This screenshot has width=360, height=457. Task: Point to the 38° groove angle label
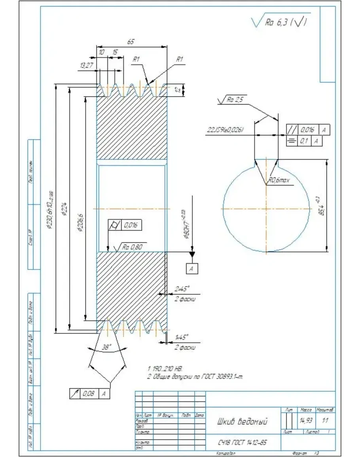(x=106, y=347)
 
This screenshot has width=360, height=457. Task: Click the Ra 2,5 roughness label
(x=233, y=100)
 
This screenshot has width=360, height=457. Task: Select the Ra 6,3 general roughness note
(x=281, y=23)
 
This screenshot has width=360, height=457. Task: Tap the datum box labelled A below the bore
(x=192, y=269)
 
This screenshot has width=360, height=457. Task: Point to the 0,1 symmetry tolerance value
(x=304, y=140)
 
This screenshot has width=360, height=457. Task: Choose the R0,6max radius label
(x=280, y=180)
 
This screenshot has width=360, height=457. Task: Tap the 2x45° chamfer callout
(x=182, y=288)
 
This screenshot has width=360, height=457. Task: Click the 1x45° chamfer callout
(x=182, y=337)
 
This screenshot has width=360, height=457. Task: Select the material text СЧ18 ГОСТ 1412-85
(x=242, y=442)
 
